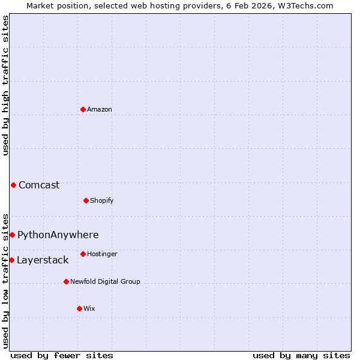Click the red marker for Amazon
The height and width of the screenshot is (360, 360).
click(83, 109)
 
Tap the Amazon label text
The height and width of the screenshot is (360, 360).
click(100, 109)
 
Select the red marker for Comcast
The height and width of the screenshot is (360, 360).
click(13, 185)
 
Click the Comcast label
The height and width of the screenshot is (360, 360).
click(39, 185)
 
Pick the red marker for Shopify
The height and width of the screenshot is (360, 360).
click(86, 200)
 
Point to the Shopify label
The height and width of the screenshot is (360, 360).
click(102, 200)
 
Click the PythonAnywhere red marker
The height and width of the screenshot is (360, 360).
click(12, 235)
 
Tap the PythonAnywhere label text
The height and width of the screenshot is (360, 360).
click(58, 235)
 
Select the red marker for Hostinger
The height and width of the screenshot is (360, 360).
click(83, 254)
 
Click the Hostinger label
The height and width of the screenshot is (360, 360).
click(102, 254)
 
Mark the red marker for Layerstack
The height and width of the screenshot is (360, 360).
click(11, 260)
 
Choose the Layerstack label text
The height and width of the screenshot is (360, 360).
click(43, 260)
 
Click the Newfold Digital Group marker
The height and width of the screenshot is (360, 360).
click(66, 281)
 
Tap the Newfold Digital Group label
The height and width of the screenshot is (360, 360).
click(105, 281)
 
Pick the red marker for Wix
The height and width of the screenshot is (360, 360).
click(79, 308)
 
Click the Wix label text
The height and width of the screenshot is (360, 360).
click(89, 308)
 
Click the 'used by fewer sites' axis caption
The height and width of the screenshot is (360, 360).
click(62, 355)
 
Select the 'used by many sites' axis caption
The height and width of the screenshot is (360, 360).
click(301, 355)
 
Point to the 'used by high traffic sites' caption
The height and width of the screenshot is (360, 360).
click(5, 85)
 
